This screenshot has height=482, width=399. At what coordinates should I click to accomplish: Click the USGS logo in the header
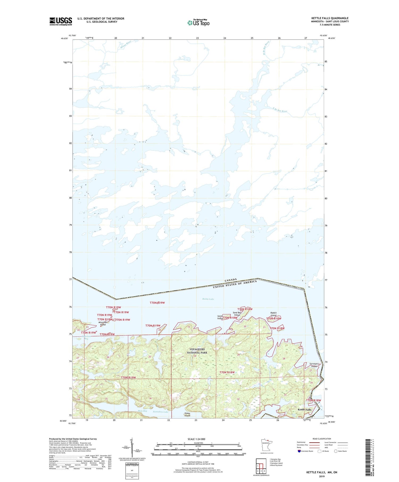click(61, 21)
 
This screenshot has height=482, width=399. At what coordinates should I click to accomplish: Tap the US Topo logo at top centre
click(198, 23)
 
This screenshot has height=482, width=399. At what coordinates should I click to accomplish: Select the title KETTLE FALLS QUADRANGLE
click(330, 18)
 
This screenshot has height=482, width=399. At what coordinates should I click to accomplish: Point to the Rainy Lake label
click(208, 299)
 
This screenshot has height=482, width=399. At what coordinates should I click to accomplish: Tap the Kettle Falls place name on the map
click(304, 410)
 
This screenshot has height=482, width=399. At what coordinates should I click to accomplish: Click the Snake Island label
click(188, 414)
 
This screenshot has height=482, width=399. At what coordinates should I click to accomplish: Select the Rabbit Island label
click(273, 314)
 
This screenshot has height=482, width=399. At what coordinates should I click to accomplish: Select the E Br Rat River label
click(280, 110)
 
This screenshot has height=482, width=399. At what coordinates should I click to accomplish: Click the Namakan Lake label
click(161, 412)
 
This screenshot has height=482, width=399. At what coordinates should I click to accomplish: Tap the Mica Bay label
click(142, 411)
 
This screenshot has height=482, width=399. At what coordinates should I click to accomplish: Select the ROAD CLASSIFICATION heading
click(322, 439)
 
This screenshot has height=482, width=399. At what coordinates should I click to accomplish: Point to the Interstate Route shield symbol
click(299, 451)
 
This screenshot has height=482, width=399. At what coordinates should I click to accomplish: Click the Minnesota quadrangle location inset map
click(266, 445)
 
